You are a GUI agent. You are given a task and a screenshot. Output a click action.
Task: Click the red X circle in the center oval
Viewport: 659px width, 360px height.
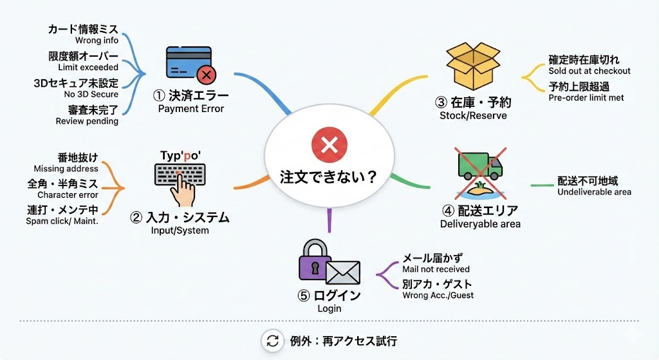[329, 145]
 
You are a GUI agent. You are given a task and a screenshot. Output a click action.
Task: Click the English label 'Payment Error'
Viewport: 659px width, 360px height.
[191, 109]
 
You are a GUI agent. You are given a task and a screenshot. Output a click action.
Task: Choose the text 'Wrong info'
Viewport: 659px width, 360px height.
[97, 41]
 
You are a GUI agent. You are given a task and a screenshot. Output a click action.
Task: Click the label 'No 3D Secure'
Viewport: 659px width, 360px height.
[91, 94]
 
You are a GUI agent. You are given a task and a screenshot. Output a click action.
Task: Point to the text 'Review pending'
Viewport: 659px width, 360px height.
[87, 120]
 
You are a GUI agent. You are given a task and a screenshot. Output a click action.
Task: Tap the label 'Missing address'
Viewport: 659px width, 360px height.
[66, 169]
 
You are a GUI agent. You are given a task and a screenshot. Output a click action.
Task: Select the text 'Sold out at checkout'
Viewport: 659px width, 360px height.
[589, 71]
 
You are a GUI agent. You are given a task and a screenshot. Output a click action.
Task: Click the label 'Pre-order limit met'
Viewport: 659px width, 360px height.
[586, 98]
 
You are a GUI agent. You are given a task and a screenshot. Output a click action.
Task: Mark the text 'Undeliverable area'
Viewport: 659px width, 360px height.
[594, 192]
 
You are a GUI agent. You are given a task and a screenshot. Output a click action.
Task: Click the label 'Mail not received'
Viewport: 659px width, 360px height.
[436, 269]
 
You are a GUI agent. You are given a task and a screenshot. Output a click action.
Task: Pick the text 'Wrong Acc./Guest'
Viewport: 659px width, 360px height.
[438, 296]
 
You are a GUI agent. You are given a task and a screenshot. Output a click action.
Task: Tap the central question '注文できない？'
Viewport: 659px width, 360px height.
[328, 176]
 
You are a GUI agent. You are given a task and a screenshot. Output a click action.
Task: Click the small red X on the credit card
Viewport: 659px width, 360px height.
[206, 76]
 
